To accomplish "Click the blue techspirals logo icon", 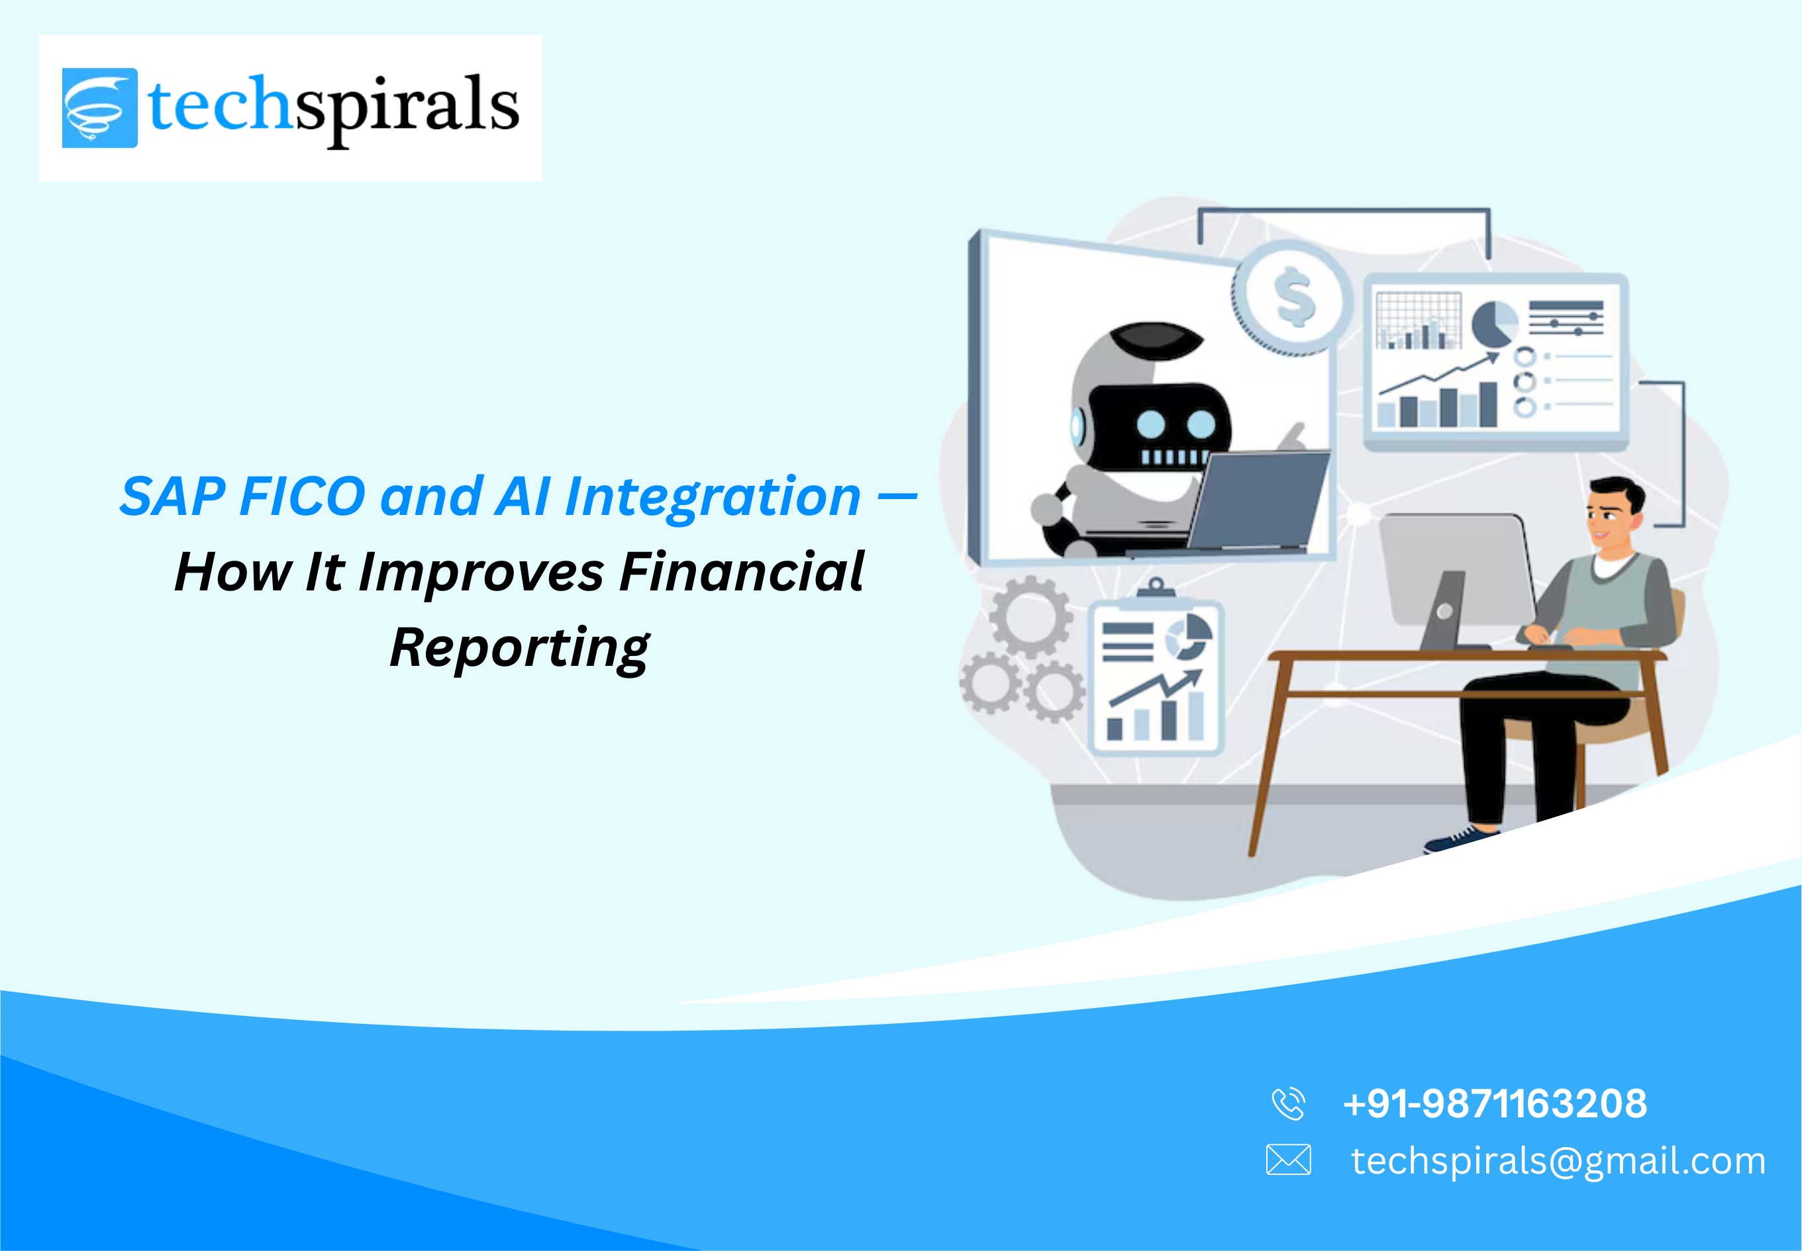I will point(99,107).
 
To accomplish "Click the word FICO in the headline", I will point(301,497).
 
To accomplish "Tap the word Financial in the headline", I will point(741,572).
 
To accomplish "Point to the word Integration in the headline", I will point(712,497).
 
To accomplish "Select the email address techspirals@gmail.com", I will point(1558,1161).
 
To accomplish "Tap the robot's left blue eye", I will point(1150,425).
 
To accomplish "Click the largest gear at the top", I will point(1030,617).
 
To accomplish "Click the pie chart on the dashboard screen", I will point(1494,322).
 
